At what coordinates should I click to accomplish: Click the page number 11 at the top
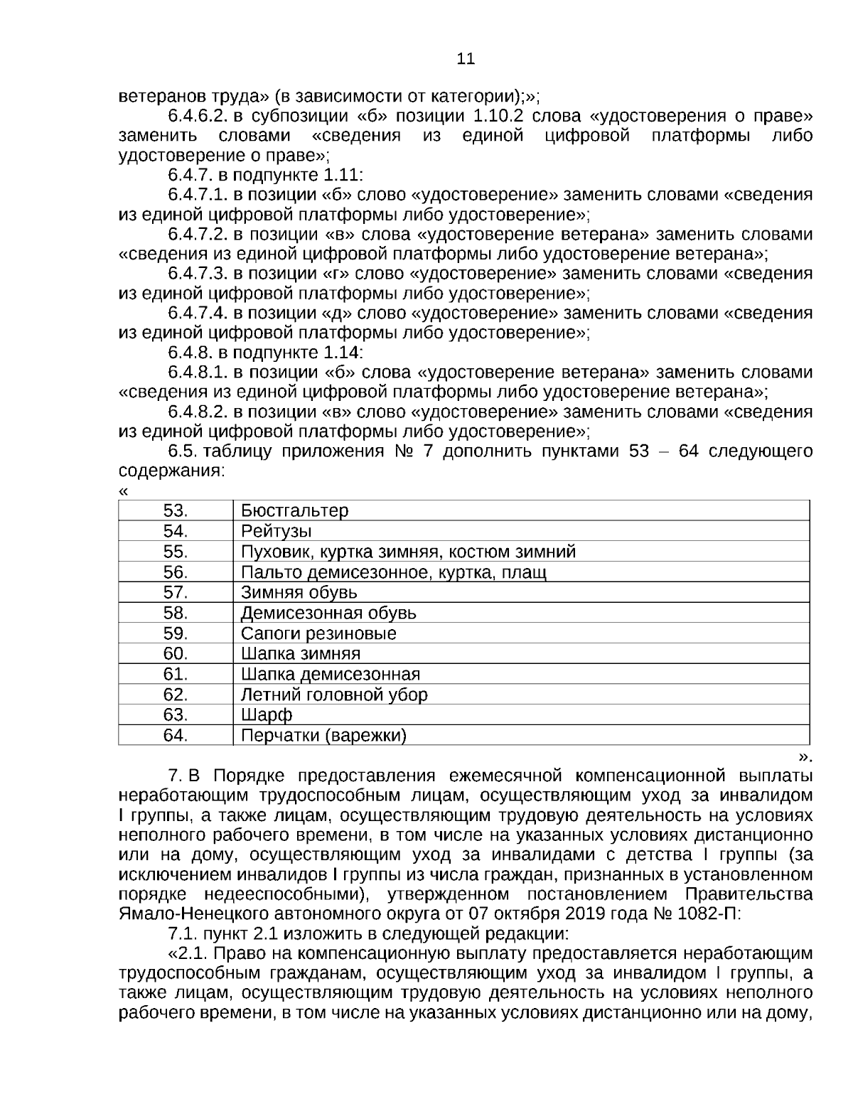point(466,58)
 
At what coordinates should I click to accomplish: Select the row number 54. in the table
point(176,531)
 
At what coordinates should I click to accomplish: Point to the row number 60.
point(176,653)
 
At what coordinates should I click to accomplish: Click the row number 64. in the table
point(176,735)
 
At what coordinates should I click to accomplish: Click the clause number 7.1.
point(183,933)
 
